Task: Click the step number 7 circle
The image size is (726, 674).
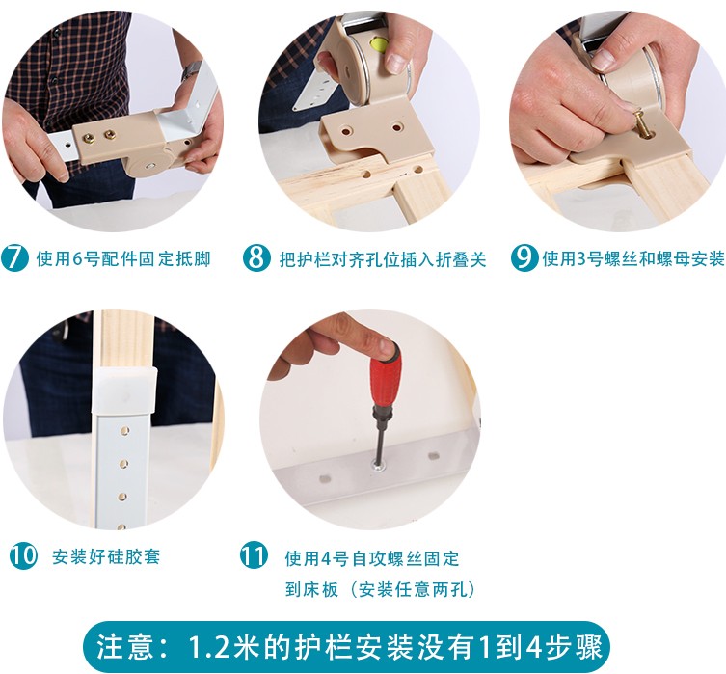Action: [x=14, y=257]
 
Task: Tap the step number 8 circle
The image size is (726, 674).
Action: [x=256, y=257]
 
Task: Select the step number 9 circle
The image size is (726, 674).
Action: [x=524, y=257]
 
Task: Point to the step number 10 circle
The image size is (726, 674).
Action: [x=23, y=555]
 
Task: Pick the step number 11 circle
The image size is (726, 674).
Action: [x=254, y=555]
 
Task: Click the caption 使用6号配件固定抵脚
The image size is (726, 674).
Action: [x=123, y=258]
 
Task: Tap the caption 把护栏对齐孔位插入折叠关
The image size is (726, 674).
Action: [x=383, y=259]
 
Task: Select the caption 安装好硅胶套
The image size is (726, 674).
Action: [x=105, y=556]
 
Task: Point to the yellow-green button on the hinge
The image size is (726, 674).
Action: [x=380, y=44]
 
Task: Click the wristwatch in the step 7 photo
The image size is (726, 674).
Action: [x=189, y=70]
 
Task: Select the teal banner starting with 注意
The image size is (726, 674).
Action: [x=346, y=647]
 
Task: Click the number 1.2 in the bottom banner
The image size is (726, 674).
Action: [x=210, y=647]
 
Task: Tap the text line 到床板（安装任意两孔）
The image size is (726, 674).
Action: [x=380, y=589]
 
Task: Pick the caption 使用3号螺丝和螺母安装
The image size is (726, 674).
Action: [x=633, y=258]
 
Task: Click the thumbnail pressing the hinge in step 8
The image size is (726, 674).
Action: [x=396, y=62]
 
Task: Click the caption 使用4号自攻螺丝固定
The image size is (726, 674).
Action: [x=372, y=558]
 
